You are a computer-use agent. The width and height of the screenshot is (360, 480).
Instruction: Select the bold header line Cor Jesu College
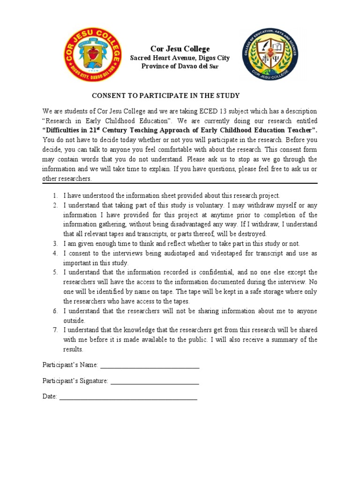coord(180,49)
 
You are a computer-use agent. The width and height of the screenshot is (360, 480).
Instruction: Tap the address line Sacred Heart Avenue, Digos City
coord(180,58)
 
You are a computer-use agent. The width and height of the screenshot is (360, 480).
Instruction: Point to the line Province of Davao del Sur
coord(180,66)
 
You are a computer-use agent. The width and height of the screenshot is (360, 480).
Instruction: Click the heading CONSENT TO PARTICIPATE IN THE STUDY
coord(165,96)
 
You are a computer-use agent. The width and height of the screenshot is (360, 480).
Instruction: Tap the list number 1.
coord(55,195)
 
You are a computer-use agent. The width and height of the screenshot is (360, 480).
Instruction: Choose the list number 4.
coord(55,253)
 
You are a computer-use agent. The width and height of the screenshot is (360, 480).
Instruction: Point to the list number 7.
coord(55,330)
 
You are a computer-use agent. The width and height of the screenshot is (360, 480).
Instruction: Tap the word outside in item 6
coord(74,321)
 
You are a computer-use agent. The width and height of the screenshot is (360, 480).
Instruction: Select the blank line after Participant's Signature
coord(155,381)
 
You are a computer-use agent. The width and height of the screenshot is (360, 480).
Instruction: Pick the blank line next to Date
coord(128,397)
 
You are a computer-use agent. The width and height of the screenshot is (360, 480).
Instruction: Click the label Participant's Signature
coord(75,381)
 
